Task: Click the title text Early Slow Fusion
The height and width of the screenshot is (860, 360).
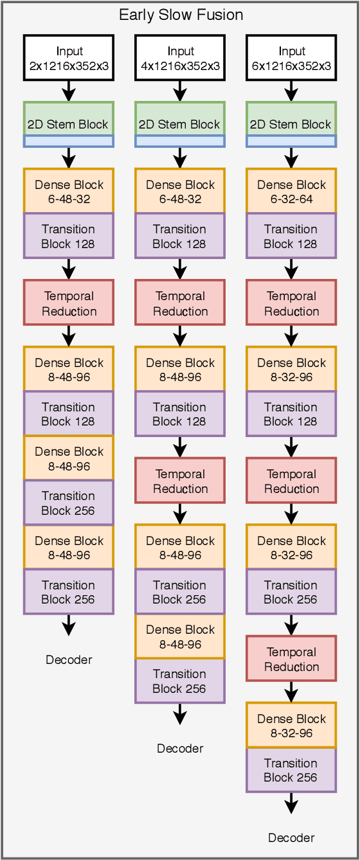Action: point(181,15)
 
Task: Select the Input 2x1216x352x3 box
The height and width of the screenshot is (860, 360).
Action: point(69,58)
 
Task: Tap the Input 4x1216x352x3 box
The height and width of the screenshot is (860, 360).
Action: point(180,58)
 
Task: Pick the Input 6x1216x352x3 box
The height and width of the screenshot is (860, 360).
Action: point(291,58)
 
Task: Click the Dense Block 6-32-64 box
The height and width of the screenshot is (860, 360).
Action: point(291,192)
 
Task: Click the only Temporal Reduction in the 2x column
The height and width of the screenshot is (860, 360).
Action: point(69,303)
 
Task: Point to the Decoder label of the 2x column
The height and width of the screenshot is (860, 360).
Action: point(69,659)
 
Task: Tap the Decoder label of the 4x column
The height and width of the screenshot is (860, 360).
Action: point(180,748)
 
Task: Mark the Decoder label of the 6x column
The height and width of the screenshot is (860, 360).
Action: point(291,838)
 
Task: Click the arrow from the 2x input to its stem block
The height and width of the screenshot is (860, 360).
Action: point(69,91)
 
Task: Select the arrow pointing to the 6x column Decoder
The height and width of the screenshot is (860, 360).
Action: point(291,804)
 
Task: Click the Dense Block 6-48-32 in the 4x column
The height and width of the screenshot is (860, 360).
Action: point(180,192)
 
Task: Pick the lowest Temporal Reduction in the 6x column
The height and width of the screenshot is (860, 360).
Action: point(291,659)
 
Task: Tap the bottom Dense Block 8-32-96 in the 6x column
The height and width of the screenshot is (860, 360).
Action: point(291,726)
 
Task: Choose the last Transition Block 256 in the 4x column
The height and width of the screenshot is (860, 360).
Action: point(180,681)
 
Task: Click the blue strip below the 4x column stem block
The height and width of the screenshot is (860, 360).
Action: point(180,141)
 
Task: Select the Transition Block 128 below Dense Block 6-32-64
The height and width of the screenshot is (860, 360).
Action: point(291,236)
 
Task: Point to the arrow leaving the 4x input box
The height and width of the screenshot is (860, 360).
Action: point(180,91)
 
